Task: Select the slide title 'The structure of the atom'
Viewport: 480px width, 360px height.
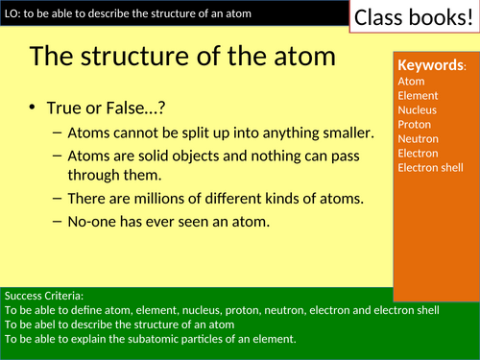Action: pos(182,56)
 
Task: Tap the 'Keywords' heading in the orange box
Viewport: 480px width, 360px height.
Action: pos(431,65)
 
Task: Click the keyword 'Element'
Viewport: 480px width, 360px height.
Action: pos(418,96)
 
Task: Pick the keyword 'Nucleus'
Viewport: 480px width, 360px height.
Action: pos(418,110)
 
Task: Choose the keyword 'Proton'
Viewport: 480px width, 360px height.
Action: pos(415,125)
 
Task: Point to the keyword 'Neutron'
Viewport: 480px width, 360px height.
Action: pos(418,139)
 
